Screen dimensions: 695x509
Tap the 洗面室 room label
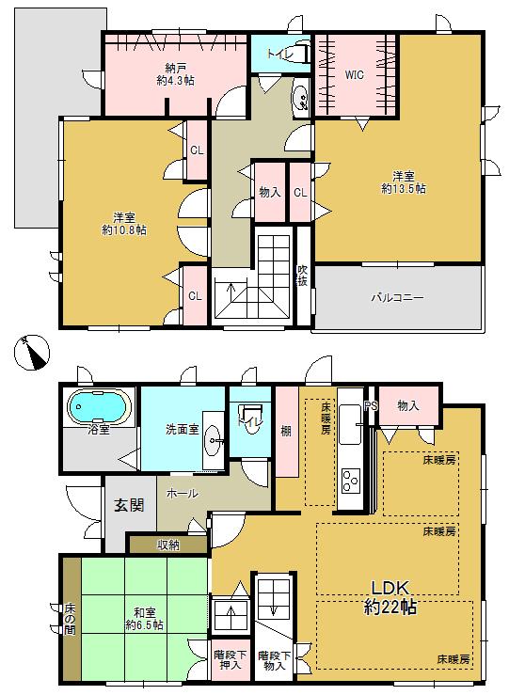[183, 429]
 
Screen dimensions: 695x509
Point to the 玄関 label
[130, 506]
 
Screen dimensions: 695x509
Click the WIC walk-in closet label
[354, 73]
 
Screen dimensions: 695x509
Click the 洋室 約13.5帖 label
[404, 182]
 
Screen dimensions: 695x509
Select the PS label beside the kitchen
[371, 406]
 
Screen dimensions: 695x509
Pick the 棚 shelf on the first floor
[285, 431]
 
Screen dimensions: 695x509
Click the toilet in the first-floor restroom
[250, 417]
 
